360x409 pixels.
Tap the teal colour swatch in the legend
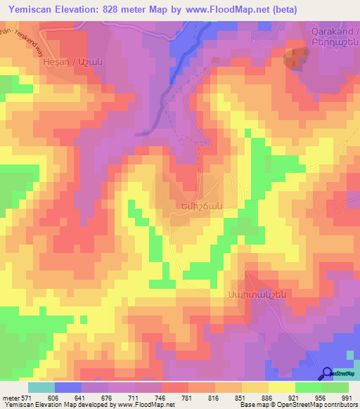[x=41, y=387]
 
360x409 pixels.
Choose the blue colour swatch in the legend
[x=68, y=387]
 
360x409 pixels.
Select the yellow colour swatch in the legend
[x=282, y=387]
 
